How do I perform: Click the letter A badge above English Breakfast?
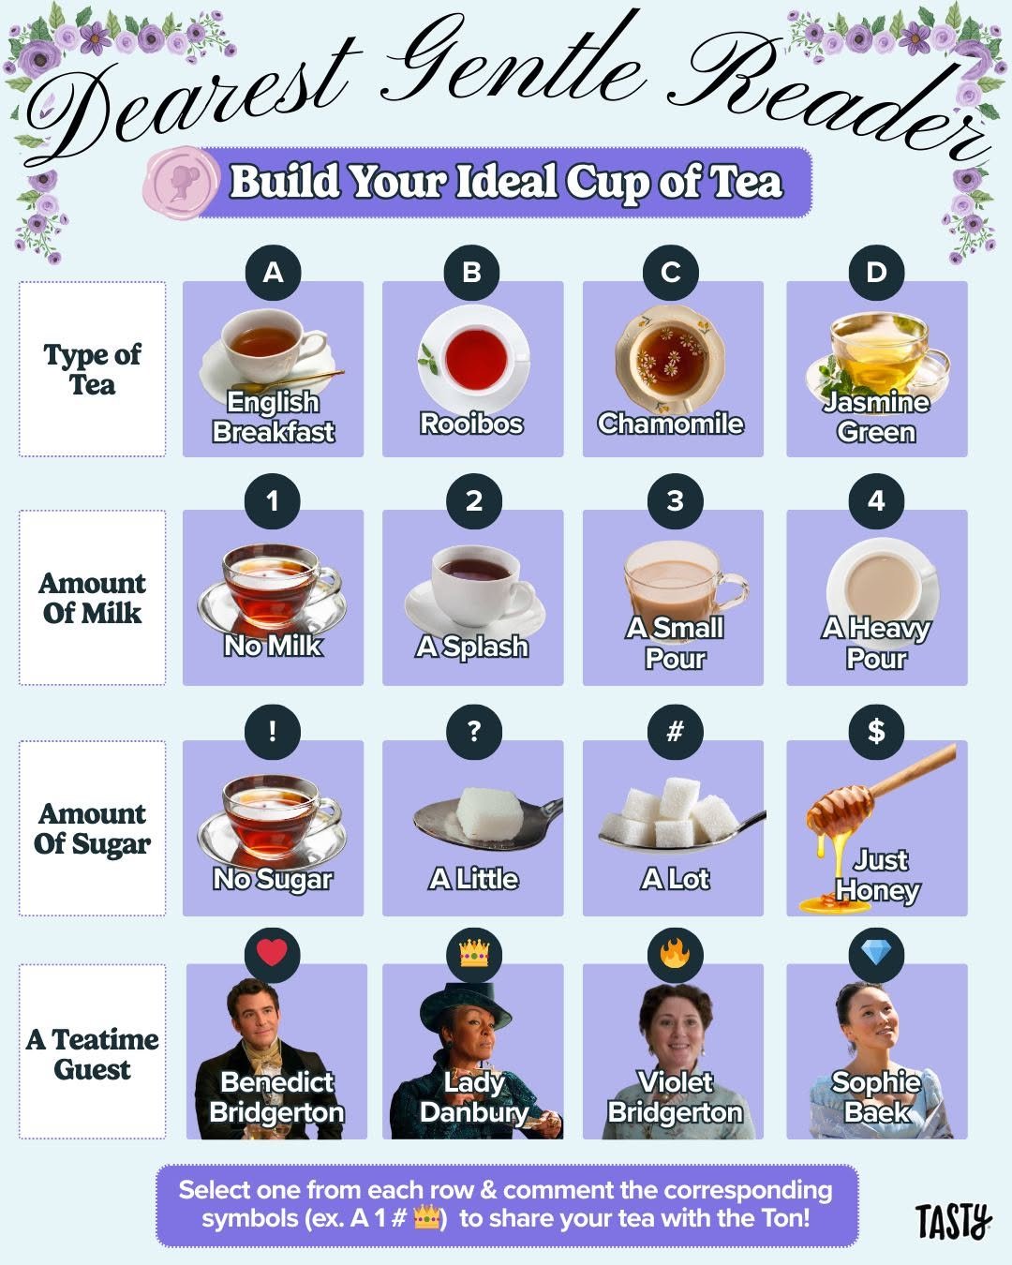click(x=273, y=272)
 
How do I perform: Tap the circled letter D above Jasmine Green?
click(x=876, y=272)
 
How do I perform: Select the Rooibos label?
click(x=471, y=424)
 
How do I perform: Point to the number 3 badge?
click(x=675, y=500)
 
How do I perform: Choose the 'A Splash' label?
click(x=472, y=647)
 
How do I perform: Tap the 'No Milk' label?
click(x=273, y=646)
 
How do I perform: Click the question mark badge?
click(x=473, y=731)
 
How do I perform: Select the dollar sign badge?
click(x=876, y=731)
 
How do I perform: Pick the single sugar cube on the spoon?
click(x=480, y=811)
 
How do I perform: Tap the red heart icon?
click(x=272, y=953)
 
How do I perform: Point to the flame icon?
click(x=675, y=954)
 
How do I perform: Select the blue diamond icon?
click(x=876, y=954)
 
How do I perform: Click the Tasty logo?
click(x=953, y=1221)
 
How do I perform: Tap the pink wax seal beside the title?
click(x=180, y=182)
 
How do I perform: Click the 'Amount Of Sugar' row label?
click(x=92, y=828)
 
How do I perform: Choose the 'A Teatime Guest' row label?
click(x=92, y=1053)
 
